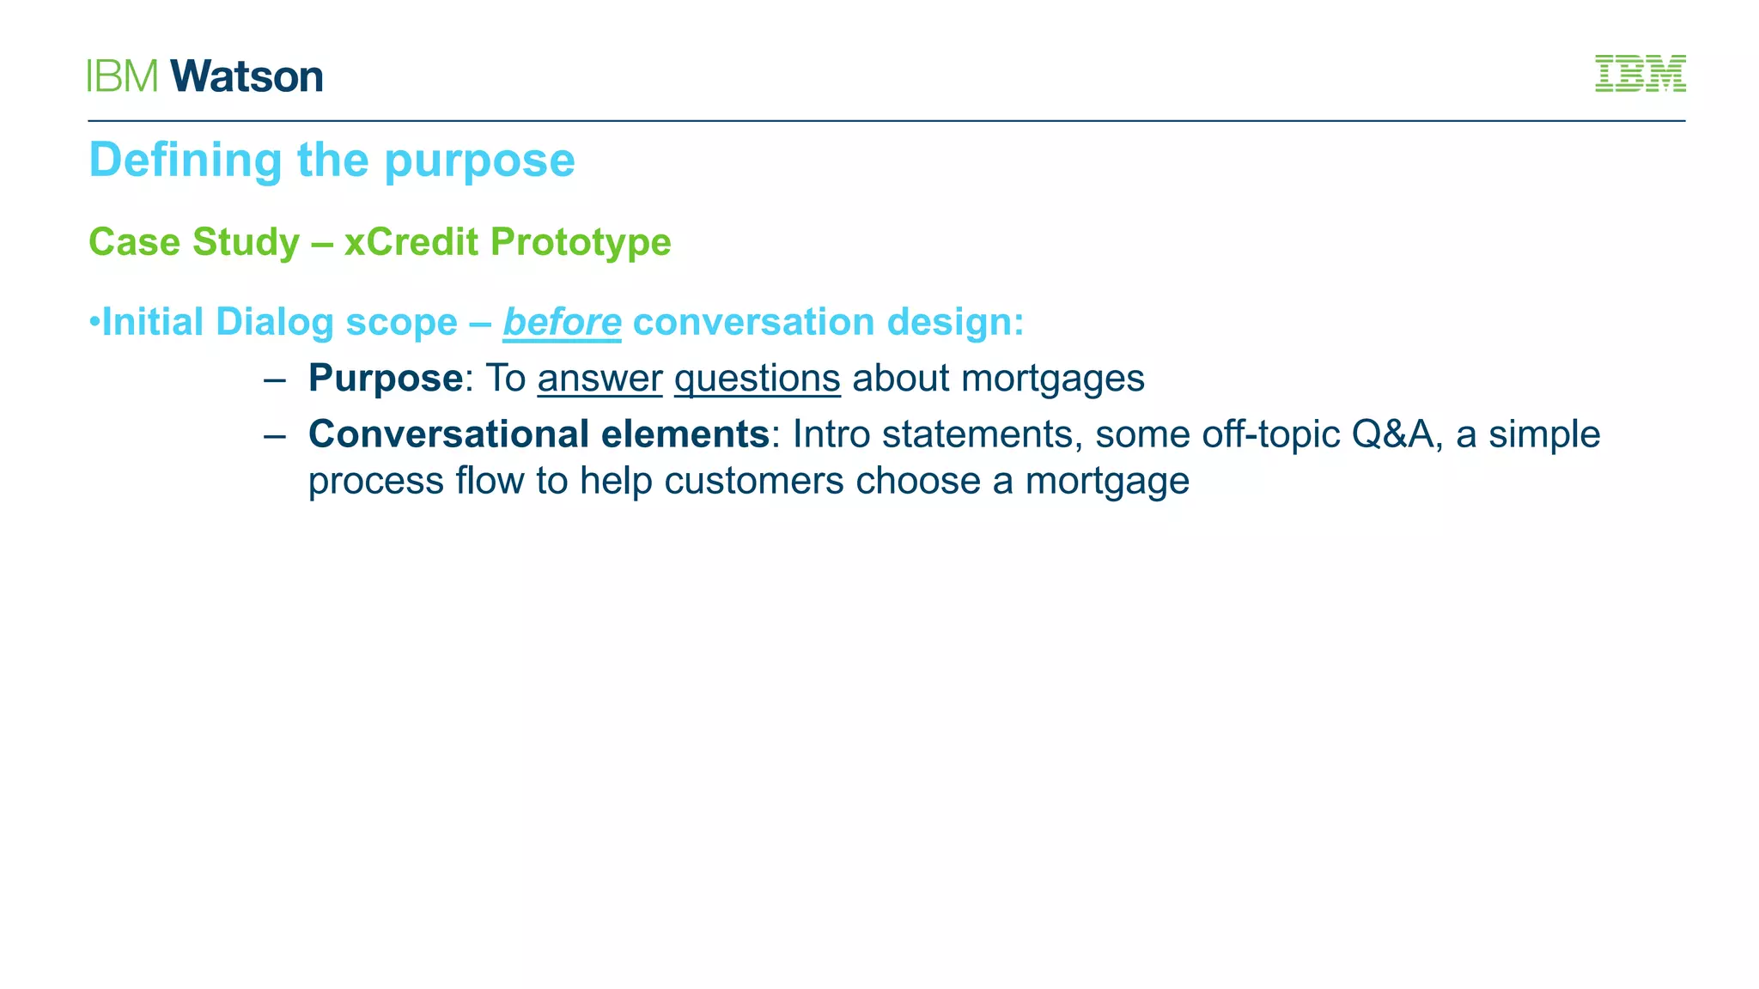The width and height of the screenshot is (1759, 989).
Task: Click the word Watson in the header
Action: click(x=247, y=76)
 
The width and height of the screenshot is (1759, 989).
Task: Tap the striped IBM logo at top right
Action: click(x=1640, y=74)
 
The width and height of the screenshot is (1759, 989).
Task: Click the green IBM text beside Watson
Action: click(x=123, y=76)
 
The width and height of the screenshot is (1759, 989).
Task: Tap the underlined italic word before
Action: click(x=562, y=323)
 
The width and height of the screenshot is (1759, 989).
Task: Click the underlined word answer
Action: click(x=600, y=379)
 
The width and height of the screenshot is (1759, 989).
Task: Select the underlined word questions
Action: click(x=757, y=379)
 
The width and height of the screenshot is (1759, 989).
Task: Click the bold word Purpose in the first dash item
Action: click(x=386, y=379)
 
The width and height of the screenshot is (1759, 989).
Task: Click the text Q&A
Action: click(x=1391, y=434)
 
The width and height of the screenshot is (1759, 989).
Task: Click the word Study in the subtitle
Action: click(x=246, y=242)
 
